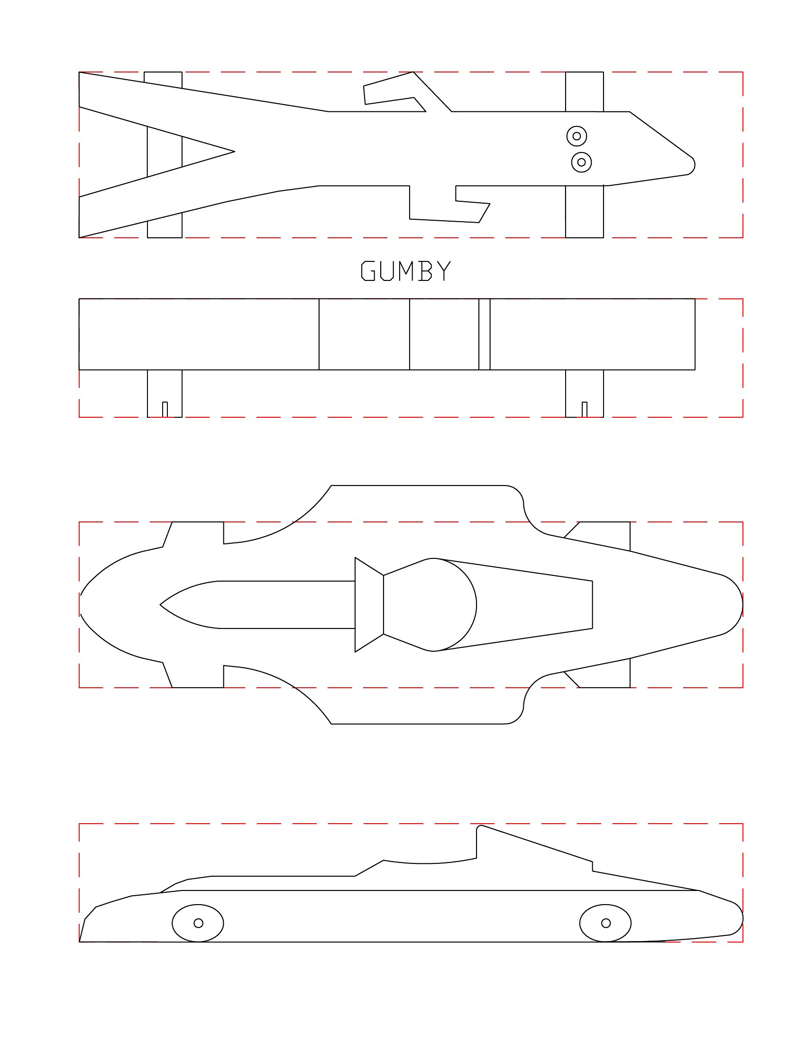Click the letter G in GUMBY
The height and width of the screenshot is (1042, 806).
367,270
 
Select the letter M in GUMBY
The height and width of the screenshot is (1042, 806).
406,270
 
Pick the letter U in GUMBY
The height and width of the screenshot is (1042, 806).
387,270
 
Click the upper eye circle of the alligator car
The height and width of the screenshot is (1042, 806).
577,136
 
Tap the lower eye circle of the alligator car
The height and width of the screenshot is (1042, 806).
581,162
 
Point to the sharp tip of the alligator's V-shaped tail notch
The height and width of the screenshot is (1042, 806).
234,152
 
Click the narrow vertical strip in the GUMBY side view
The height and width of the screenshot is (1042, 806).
484,334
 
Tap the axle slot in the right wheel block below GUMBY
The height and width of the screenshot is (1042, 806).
584,409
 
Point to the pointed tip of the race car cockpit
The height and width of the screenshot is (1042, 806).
160,604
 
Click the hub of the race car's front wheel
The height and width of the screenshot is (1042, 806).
198,923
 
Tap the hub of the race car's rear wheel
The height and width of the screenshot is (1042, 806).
605,923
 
